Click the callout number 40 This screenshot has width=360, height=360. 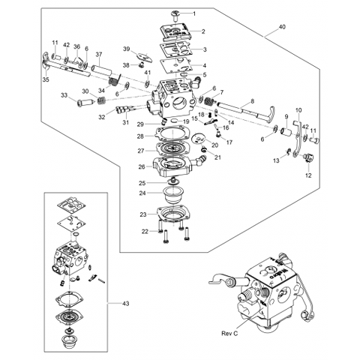point(282,26)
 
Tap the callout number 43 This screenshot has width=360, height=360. point(126,304)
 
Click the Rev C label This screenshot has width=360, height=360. point(229,333)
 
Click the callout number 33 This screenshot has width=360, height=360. point(64,95)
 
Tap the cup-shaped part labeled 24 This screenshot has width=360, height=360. point(174,196)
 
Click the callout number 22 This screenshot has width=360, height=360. point(145,232)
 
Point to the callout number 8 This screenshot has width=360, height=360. point(252,101)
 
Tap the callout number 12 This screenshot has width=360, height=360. point(308,175)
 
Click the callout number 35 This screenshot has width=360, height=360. point(46,79)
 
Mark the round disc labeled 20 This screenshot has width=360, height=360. point(198,139)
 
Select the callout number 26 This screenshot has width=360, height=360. point(142,166)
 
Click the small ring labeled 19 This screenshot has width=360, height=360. point(175,121)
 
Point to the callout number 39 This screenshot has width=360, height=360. point(127,49)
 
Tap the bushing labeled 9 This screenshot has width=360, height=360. point(285,131)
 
